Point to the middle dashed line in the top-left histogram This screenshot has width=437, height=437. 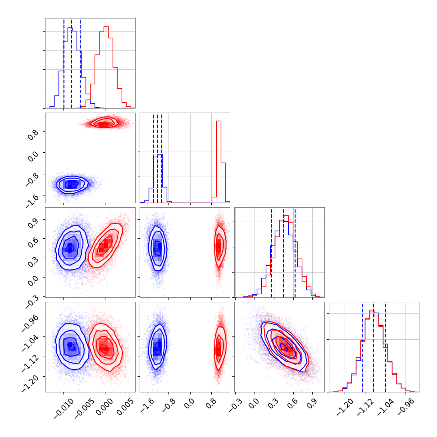click(x=72, y=63)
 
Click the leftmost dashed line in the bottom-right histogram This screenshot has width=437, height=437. click(x=362, y=347)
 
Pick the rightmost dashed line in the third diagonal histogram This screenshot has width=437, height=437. click(x=295, y=252)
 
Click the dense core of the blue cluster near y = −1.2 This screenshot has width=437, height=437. click(x=70, y=184)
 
